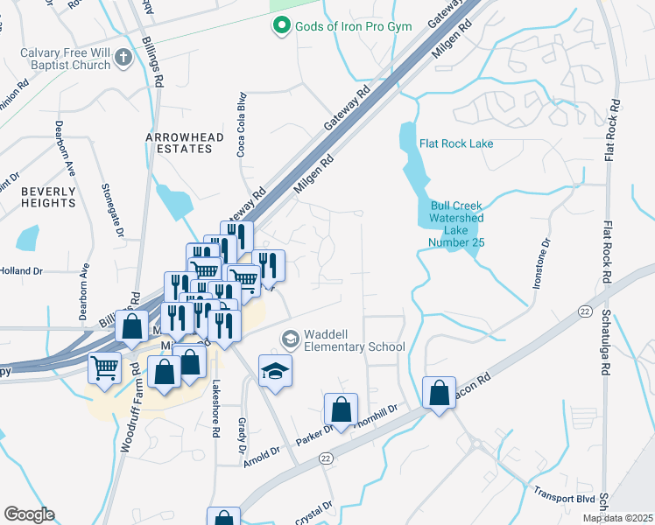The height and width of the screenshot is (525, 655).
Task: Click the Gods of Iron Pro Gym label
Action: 343,27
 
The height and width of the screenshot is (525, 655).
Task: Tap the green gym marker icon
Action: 280,27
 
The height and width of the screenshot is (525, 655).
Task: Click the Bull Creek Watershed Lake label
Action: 456,224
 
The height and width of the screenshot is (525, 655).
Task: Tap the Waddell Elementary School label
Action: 354,340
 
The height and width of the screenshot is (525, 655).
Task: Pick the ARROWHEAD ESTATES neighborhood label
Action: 179,143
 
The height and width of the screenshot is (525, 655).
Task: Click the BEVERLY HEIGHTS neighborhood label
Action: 49,197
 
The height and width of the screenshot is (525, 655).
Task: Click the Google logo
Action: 29,514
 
